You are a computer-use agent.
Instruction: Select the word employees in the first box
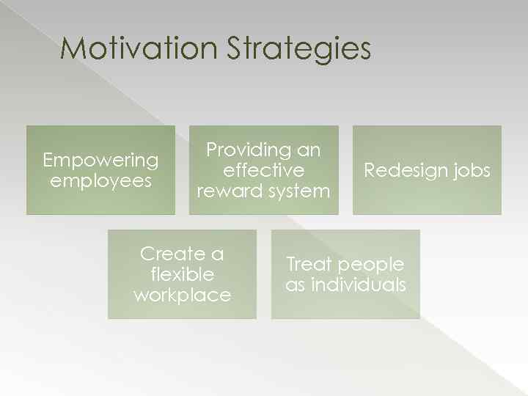(100, 181)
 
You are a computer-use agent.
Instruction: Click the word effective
(263, 170)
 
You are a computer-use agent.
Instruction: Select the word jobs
(472, 171)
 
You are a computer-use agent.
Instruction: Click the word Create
(173, 254)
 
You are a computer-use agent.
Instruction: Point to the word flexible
(182, 274)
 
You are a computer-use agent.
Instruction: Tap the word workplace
(182, 295)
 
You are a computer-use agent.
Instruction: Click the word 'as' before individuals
(295, 285)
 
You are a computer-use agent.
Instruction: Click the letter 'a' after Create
(217, 254)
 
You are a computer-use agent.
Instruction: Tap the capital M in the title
(74, 49)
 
